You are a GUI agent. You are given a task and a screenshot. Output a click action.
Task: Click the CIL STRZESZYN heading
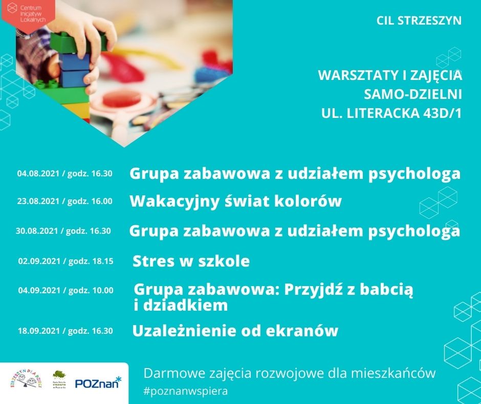[x=419, y=21]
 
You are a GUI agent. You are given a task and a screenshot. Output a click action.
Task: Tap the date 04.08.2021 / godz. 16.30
[x=65, y=173]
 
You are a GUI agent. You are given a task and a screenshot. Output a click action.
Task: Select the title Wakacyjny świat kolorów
[x=235, y=201]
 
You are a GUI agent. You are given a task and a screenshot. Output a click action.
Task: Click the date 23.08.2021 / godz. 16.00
[x=65, y=201]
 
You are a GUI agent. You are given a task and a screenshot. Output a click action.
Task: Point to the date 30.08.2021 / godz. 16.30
[x=63, y=231]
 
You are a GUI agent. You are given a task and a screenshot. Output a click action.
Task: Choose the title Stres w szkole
[x=191, y=261]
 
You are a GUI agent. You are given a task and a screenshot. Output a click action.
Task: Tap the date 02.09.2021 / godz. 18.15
[x=65, y=261]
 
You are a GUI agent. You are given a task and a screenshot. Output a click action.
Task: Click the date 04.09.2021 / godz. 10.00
[x=65, y=290]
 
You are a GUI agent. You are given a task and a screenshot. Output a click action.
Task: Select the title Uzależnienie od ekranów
[x=235, y=331]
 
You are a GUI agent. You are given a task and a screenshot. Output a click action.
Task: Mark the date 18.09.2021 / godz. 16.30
[x=65, y=331]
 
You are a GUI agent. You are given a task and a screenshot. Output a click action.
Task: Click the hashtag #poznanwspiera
[x=186, y=390]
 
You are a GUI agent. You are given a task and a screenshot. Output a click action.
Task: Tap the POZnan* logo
[x=98, y=382]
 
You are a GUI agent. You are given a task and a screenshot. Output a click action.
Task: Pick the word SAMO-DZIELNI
[x=412, y=94]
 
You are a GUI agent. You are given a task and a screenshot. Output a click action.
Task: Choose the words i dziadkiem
[x=180, y=306]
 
